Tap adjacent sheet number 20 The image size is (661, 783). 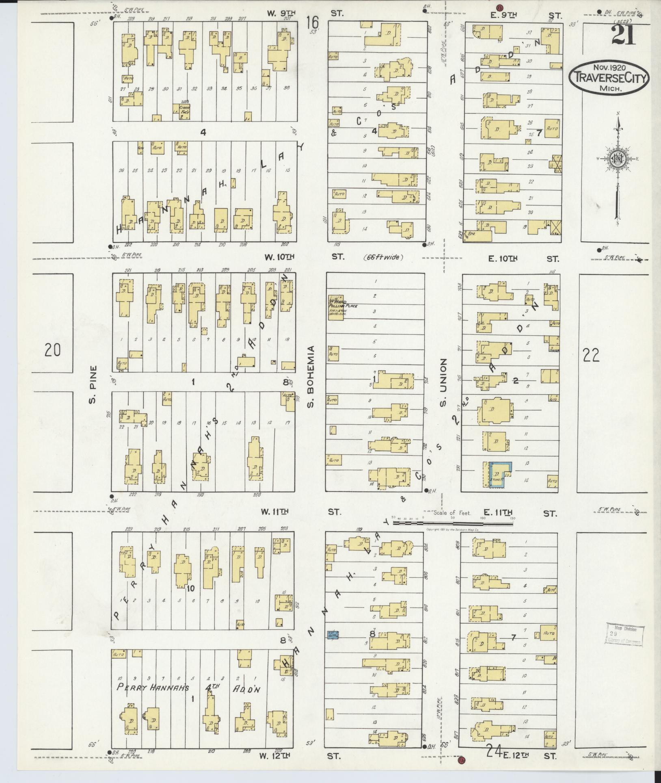tap(52, 350)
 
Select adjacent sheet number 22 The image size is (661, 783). tap(591, 355)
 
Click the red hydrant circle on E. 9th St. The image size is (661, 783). tap(500, 7)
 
